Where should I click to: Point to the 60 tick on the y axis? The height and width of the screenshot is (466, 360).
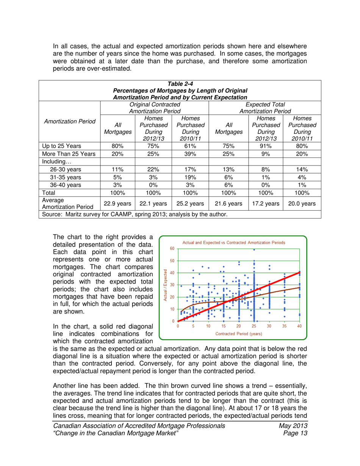pos(172,249)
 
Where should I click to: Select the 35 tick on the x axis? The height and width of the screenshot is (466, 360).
pos(285,326)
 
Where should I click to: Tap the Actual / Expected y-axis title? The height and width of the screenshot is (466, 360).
pos(166,285)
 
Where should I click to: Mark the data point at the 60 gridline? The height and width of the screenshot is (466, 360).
pos(254,250)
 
